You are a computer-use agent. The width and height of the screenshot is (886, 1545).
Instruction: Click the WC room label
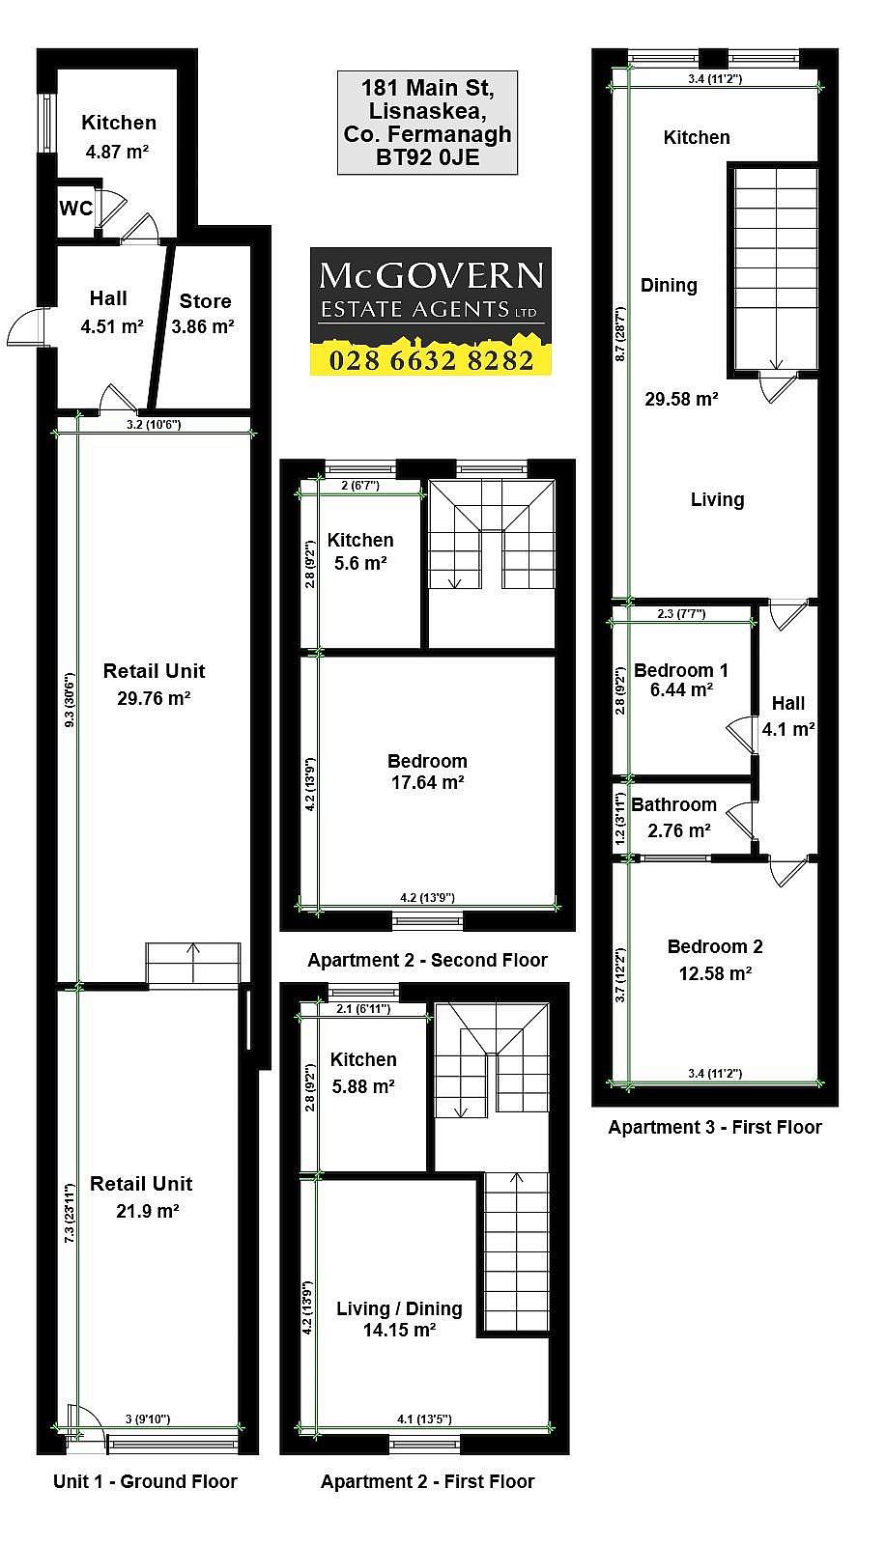pyautogui.click(x=76, y=208)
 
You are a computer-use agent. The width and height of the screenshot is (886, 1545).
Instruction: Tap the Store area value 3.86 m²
pyautogui.click(x=203, y=326)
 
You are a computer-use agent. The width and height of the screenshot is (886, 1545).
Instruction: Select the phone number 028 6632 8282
pyautogui.click(x=431, y=360)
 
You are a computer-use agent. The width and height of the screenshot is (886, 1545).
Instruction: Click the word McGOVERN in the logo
pyautogui.click(x=431, y=277)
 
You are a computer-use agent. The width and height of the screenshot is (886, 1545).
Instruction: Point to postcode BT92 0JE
pyautogui.click(x=428, y=158)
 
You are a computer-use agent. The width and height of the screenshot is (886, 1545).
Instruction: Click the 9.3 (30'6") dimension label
pyautogui.click(x=70, y=700)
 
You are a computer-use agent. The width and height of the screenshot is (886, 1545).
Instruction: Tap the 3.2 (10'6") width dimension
pyautogui.click(x=154, y=424)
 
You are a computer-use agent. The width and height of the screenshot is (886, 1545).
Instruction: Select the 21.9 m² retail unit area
pyautogui.click(x=148, y=1211)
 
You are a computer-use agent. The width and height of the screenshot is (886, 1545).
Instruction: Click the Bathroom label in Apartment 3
pyautogui.click(x=673, y=804)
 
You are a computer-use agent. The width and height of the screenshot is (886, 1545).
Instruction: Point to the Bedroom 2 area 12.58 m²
pyautogui.click(x=715, y=973)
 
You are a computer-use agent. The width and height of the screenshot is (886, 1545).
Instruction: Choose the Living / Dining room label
pyautogui.click(x=400, y=1308)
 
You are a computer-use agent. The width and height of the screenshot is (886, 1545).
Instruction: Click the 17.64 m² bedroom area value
pyautogui.click(x=427, y=782)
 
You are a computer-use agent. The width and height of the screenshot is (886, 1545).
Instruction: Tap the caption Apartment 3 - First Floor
pyautogui.click(x=715, y=1127)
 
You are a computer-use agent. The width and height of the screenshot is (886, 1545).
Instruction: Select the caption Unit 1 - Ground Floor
pyautogui.click(x=145, y=1481)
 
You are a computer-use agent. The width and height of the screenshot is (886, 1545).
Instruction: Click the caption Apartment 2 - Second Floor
pyautogui.click(x=428, y=960)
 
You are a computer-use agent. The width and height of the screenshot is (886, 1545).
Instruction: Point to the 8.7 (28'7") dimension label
pyautogui.click(x=620, y=334)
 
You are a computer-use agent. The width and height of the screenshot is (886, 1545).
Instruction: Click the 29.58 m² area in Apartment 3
pyautogui.click(x=681, y=399)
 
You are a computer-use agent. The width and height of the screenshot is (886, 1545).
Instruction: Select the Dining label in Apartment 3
pyautogui.click(x=669, y=285)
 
